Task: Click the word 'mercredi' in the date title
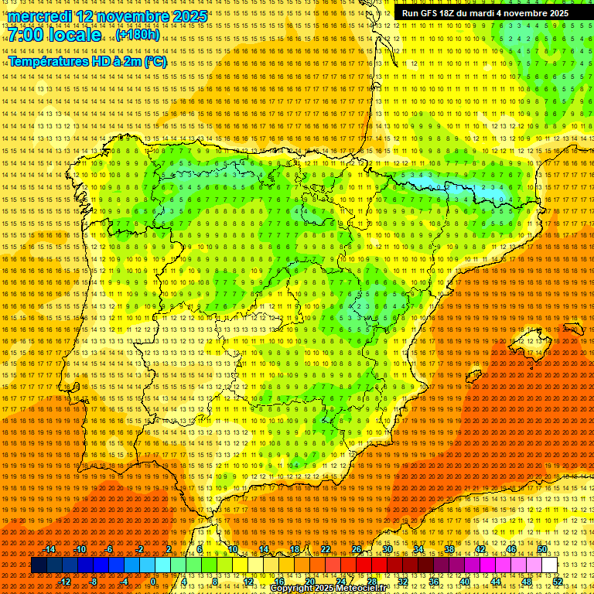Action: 40,16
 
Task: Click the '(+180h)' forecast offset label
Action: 138,35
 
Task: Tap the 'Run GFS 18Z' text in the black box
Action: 430,13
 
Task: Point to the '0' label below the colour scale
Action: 153,582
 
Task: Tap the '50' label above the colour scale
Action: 542,549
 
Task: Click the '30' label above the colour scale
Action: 387,549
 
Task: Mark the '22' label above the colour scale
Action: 325,549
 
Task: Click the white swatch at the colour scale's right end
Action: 549,565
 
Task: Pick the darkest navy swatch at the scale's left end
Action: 39,565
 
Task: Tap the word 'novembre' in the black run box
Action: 527,13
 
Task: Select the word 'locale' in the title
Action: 73,36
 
